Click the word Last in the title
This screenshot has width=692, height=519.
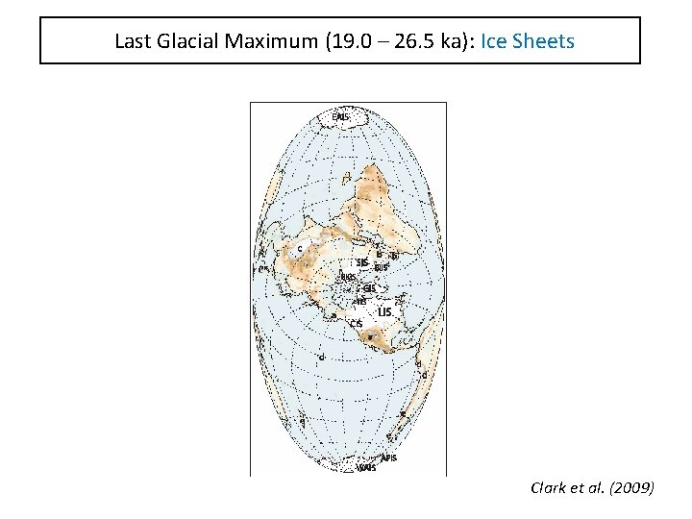[131, 41]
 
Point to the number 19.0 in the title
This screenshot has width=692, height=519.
[333, 41]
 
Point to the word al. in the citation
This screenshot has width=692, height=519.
[596, 488]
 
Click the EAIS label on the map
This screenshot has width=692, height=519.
[340, 117]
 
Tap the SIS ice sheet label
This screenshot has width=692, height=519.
[361, 261]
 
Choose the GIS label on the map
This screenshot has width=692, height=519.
[368, 286]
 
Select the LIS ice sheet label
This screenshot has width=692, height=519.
[384, 311]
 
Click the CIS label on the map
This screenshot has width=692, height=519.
[356, 324]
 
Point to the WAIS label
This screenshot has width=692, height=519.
[365, 468]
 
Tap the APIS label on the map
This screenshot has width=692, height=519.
[388, 458]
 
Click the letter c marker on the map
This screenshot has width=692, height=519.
[299, 248]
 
